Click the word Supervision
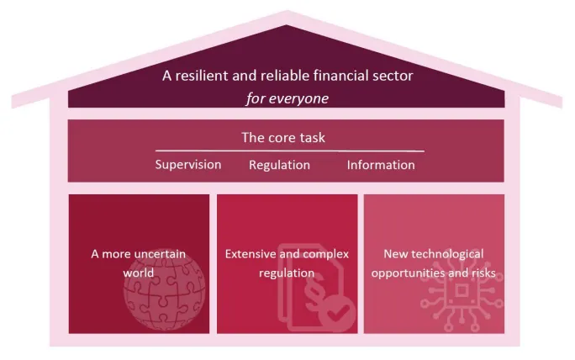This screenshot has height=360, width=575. click(x=188, y=165)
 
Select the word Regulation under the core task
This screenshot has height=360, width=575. click(x=279, y=165)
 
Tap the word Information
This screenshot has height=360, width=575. click(x=381, y=165)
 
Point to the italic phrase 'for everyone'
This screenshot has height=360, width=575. click(x=287, y=98)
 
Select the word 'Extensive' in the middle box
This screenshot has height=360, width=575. click(x=251, y=254)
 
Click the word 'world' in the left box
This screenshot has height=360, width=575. click(x=139, y=273)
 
